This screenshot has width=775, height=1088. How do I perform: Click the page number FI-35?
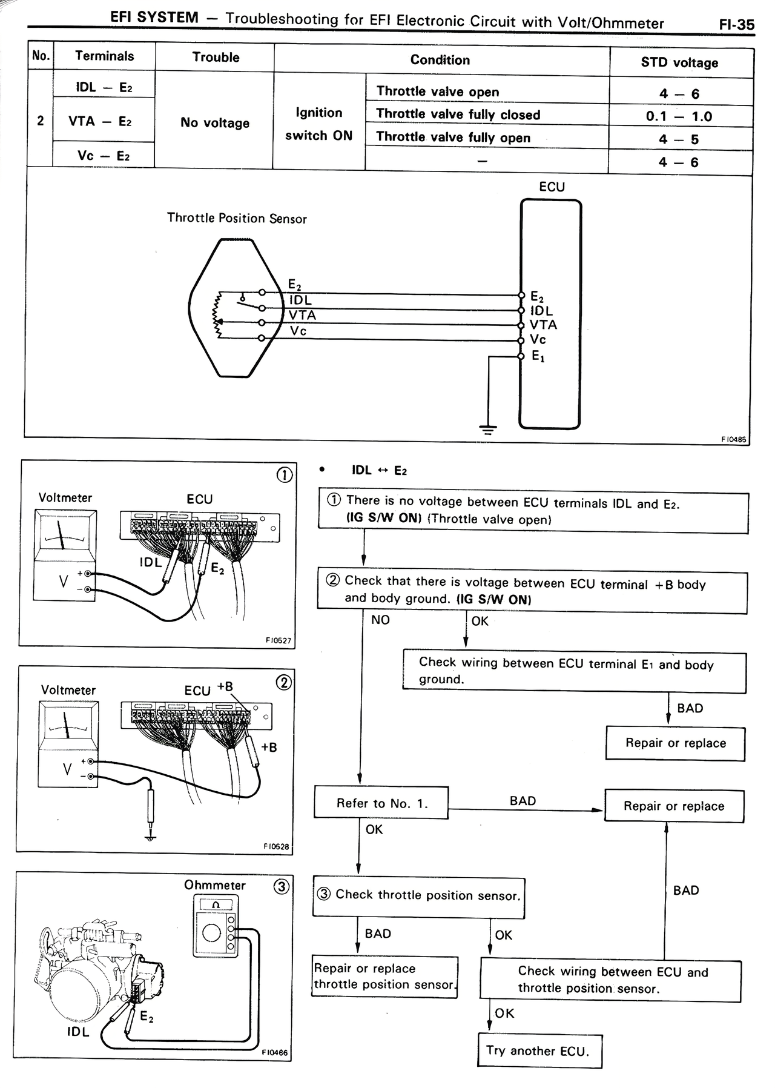(x=737, y=24)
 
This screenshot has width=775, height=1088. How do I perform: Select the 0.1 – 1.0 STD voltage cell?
(x=679, y=116)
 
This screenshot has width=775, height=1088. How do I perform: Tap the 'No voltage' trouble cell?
(x=215, y=123)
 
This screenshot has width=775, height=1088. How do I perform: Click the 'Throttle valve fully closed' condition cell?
(x=458, y=114)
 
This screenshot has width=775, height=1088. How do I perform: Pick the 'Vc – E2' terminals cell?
(x=104, y=156)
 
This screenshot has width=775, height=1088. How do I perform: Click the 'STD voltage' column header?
(x=679, y=63)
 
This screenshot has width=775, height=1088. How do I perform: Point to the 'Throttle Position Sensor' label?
(x=237, y=218)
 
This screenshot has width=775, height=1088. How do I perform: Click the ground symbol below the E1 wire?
(x=488, y=430)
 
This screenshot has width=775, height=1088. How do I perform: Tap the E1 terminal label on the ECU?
(x=538, y=356)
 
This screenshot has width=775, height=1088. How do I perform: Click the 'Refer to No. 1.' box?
(x=381, y=803)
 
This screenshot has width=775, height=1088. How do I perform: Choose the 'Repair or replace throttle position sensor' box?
(x=385, y=977)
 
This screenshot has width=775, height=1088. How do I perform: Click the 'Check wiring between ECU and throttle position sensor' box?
(x=610, y=980)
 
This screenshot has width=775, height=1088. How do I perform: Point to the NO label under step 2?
(x=380, y=620)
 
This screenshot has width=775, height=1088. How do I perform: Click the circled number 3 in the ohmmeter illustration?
(x=281, y=887)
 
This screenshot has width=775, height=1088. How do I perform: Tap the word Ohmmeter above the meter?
(x=215, y=885)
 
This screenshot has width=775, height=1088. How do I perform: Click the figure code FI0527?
(x=278, y=640)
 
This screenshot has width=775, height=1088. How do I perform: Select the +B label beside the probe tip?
(x=269, y=748)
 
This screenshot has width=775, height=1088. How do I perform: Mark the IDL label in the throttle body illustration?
(x=78, y=1032)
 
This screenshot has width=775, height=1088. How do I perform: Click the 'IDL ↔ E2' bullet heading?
(x=379, y=471)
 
